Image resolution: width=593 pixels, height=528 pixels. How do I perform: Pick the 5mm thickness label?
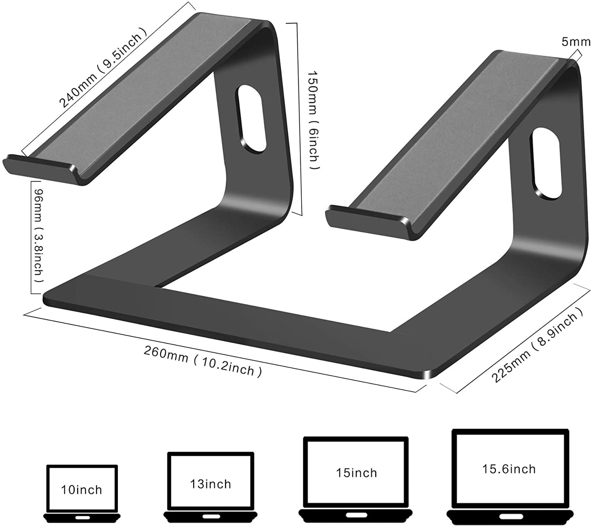point(576,42)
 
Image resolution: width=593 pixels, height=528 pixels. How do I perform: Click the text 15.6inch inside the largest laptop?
point(509,469)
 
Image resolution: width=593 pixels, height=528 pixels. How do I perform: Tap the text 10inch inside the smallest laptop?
point(82,489)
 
